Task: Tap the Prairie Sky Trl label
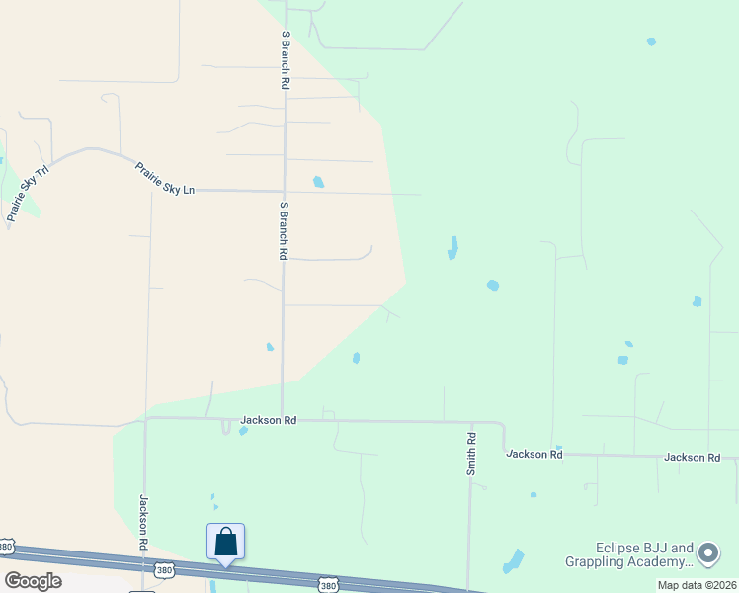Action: [16, 195]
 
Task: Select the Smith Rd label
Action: [472, 454]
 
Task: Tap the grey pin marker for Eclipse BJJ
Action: [708, 553]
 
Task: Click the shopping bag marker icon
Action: [225, 542]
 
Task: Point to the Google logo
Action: [33, 581]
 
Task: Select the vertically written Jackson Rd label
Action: [143, 522]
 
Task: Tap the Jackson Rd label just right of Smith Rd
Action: [534, 454]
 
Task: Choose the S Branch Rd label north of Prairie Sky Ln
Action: [285, 61]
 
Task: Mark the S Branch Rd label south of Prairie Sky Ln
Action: [284, 230]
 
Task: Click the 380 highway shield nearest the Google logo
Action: [7, 546]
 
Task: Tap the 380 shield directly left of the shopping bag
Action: [165, 570]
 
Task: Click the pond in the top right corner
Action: [650, 42]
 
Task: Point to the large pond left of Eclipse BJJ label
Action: [514, 560]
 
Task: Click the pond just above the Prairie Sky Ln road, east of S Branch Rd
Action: [318, 182]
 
